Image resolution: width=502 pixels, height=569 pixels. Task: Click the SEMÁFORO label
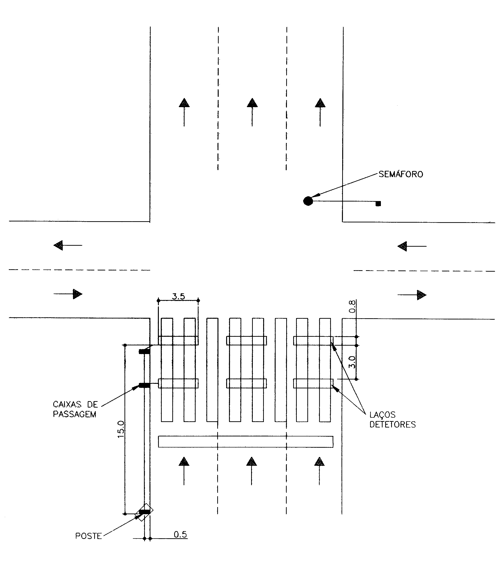[x=401, y=174]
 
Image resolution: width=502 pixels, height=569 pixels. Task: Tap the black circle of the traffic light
[x=308, y=201]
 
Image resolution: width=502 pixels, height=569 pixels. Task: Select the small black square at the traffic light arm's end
[x=378, y=203]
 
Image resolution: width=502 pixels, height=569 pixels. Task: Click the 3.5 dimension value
[x=178, y=296]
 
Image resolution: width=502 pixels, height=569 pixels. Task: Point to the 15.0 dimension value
[x=121, y=429]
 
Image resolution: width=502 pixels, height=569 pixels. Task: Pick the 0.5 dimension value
[x=180, y=534]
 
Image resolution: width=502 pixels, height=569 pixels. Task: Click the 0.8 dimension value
[x=352, y=306]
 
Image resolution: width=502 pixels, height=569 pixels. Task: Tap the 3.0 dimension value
[x=352, y=362]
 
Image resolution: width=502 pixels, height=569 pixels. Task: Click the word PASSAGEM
[x=75, y=415]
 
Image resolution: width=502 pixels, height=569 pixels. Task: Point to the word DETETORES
[x=392, y=424]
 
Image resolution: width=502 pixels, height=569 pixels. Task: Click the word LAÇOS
[x=383, y=415]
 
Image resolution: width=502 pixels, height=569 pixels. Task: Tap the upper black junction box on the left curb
[x=144, y=352]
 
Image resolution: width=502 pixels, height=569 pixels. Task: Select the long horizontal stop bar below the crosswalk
[x=246, y=442]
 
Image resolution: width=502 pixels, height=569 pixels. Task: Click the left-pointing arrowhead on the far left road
[x=58, y=245]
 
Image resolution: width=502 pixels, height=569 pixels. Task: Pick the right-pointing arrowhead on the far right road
[x=421, y=295]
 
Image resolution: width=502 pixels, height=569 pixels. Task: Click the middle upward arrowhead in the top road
[x=252, y=103]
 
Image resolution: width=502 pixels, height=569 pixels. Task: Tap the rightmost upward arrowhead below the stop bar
[x=319, y=462]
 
